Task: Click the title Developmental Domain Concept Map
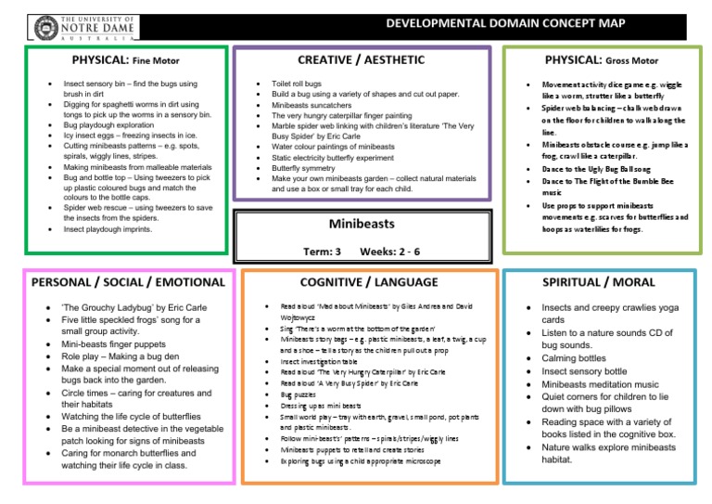point(492,21)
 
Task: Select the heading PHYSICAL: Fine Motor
point(125,61)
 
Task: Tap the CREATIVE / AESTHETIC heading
point(362,60)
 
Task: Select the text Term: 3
point(323,252)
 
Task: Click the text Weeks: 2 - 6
point(390,252)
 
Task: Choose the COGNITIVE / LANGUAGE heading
point(370,281)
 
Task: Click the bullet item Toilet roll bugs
point(297,84)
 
